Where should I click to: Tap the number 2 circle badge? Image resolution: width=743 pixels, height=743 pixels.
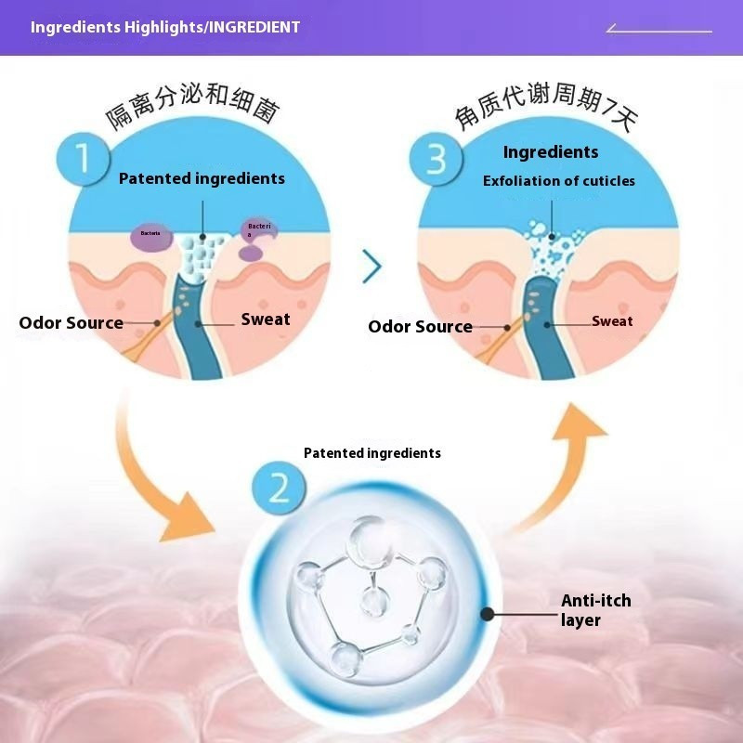click(279, 488)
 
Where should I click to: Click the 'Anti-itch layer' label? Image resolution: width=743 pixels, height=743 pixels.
click(595, 610)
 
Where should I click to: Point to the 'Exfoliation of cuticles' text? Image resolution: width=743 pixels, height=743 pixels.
click(559, 181)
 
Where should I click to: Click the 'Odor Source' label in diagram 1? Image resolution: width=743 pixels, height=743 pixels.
click(71, 323)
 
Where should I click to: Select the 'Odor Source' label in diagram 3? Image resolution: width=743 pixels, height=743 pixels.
click(420, 327)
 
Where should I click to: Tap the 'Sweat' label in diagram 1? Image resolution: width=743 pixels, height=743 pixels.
click(266, 319)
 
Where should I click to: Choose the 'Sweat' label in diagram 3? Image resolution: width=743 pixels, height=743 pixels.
click(612, 321)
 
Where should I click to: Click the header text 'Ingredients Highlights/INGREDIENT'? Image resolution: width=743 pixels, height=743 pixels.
click(165, 27)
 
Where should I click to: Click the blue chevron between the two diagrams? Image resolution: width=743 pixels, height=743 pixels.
click(372, 267)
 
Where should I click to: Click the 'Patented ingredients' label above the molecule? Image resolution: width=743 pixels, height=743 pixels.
click(372, 453)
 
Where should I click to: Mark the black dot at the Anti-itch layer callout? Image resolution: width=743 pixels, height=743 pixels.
click(486, 614)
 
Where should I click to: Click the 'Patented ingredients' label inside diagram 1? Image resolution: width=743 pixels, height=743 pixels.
click(202, 178)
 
